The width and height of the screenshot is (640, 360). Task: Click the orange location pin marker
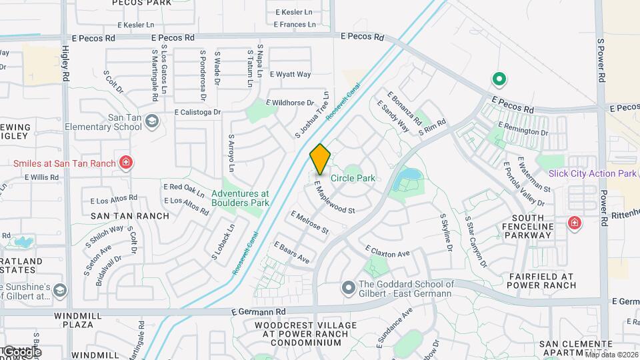(x=321, y=159)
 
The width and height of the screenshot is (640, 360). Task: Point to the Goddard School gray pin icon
(x=347, y=288)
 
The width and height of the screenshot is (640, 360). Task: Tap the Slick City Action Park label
(x=593, y=173)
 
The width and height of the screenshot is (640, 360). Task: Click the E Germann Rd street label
(x=259, y=311)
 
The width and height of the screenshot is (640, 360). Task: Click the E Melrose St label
(x=309, y=222)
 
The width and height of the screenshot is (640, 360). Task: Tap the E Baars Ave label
(x=292, y=252)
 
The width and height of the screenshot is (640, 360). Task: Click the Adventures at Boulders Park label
(x=240, y=198)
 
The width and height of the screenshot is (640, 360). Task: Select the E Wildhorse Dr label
(x=290, y=103)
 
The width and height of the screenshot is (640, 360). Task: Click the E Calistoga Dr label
(x=197, y=113)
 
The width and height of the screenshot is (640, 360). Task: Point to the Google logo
(x=21, y=351)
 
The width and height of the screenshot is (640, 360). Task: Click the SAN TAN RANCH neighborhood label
(x=121, y=215)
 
